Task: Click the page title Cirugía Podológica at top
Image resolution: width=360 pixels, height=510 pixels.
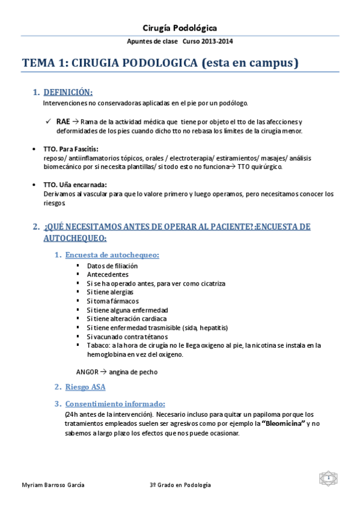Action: click(180, 28)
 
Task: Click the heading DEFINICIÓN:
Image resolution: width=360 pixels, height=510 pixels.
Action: click(68, 92)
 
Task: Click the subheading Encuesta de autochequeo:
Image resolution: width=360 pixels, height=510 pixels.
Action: click(112, 255)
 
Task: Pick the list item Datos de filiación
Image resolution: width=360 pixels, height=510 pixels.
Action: click(112, 265)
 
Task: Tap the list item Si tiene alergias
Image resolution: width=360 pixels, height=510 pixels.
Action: click(110, 292)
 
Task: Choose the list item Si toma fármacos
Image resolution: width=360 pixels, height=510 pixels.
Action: click(112, 301)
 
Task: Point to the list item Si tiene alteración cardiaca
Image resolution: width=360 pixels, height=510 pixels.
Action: click(126, 318)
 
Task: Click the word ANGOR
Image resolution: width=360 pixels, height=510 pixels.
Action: click(87, 372)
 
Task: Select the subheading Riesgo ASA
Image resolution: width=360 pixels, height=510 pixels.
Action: click(85, 387)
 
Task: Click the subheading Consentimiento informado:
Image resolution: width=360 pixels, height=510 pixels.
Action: click(115, 404)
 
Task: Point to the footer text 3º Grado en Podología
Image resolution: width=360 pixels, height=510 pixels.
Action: click(180, 485)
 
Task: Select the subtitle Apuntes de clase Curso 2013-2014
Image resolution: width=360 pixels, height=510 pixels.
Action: click(180, 41)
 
